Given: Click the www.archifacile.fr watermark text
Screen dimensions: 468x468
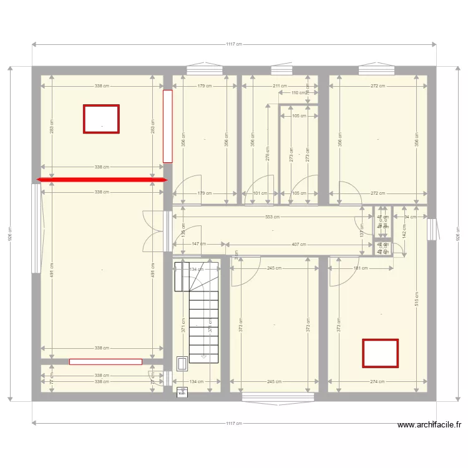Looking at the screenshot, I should coord(429,425).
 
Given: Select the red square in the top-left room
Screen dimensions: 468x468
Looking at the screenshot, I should coord(101,119).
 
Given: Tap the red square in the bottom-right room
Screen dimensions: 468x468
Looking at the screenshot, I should coord(380,353).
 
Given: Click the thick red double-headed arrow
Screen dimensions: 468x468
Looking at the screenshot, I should coord(102,180).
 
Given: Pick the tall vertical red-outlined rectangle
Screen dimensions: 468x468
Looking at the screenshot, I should coord(167,126).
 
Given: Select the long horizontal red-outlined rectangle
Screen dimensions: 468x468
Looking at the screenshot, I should coord(105,361).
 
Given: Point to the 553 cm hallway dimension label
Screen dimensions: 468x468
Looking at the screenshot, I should coord(273,217).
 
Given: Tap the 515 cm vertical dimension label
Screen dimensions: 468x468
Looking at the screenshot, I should coord(417,299).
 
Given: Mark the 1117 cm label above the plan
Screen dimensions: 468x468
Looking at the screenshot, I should coord(234,44).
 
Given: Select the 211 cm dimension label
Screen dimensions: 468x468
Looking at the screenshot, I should coord(280,86).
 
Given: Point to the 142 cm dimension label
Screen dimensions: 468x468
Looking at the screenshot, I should coord(404,230).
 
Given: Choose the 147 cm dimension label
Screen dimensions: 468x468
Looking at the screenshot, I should coord(199,244).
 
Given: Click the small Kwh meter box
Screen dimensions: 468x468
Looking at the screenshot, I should coord(182,392).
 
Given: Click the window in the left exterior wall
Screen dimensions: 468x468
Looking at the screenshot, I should coord(36,228).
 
